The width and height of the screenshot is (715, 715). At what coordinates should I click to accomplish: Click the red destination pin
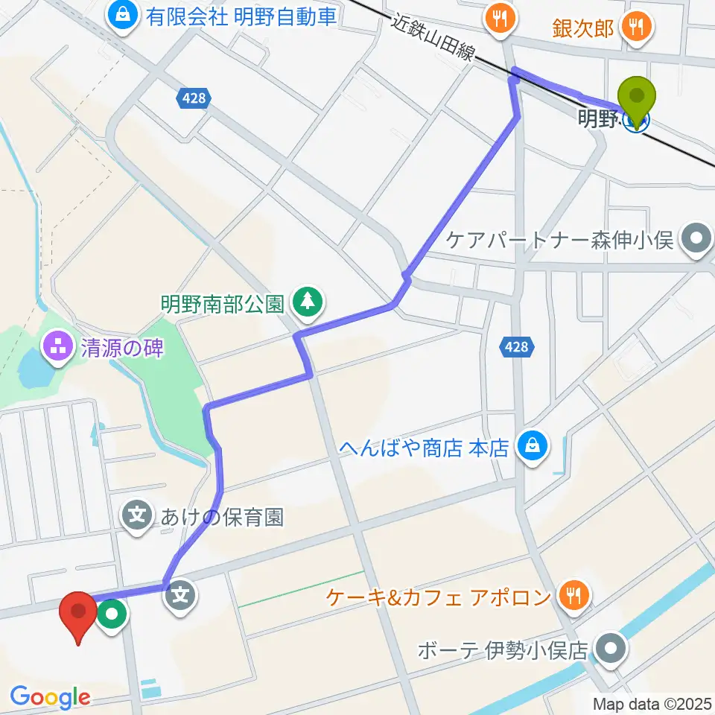point(77,614)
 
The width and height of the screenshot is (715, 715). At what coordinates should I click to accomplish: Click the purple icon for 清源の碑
point(57,346)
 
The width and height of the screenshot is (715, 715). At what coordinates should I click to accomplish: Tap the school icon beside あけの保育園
point(137,516)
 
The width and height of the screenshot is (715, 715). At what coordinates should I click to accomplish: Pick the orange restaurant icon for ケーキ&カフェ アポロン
point(573,596)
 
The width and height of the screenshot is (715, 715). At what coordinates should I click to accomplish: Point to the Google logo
point(50,698)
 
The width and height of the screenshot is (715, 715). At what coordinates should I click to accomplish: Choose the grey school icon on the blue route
point(180,594)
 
